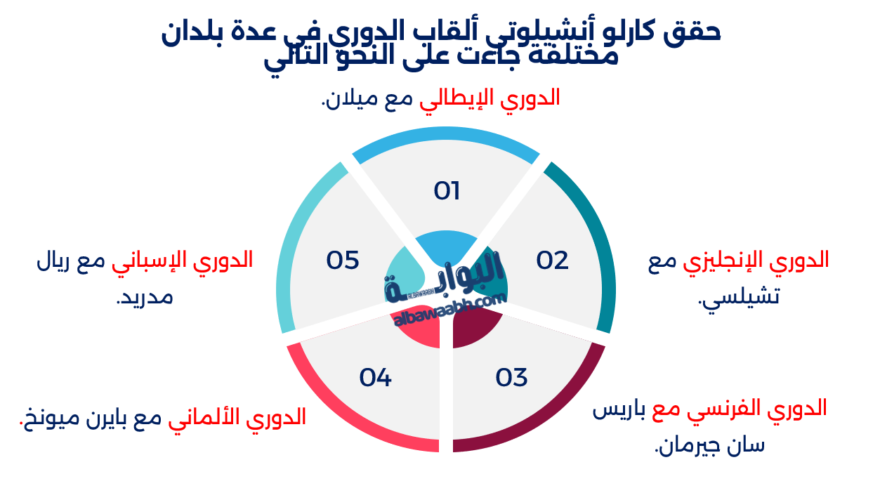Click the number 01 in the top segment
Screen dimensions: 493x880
[447, 191]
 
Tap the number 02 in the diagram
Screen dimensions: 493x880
[552, 261]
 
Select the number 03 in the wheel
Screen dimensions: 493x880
[511, 378]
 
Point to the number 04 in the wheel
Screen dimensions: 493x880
[375, 378]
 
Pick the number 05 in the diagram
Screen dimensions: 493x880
[343, 261]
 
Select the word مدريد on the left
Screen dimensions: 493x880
[145, 297]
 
